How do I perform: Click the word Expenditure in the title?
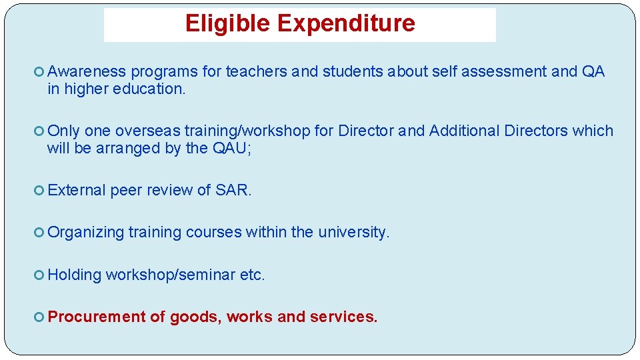click(x=345, y=24)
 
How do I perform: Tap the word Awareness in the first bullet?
click(x=87, y=72)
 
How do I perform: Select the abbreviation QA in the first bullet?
click(x=593, y=72)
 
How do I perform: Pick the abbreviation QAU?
click(x=231, y=148)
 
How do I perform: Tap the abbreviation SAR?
click(x=233, y=190)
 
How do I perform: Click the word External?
click(x=77, y=190)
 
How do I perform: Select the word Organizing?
click(x=86, y=233)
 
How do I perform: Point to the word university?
click(x=353, y=233)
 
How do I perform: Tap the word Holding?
click(x=74, y=275)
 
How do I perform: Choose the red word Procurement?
click(x=97, y=317)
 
